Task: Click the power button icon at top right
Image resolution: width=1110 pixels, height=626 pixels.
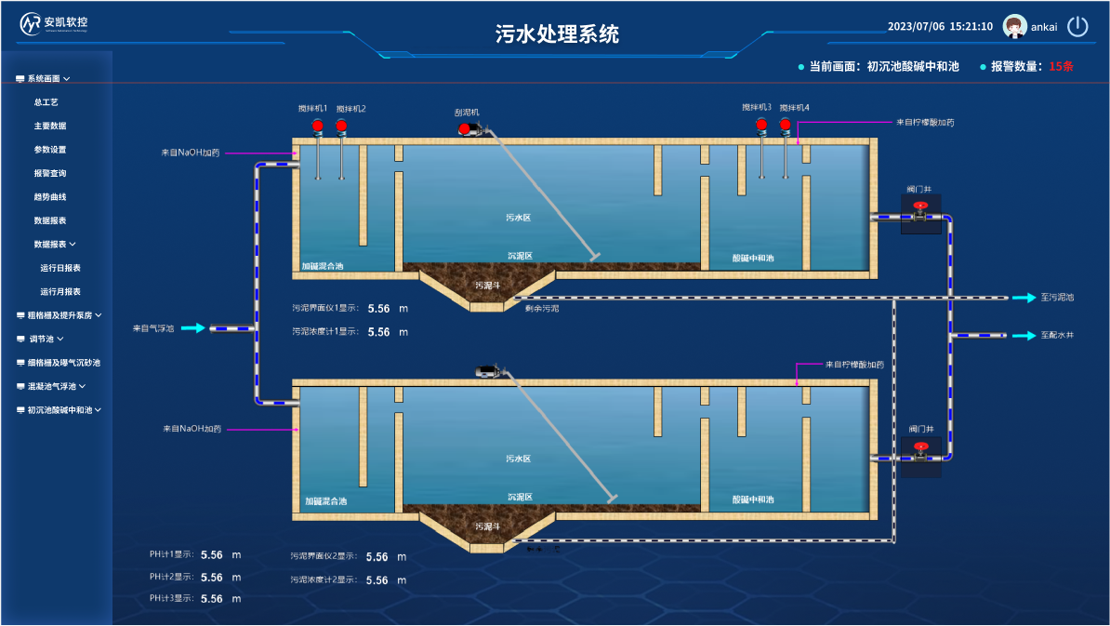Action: (x=1077, y=26)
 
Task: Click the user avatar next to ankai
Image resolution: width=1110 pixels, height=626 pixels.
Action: (x=1014, y=27)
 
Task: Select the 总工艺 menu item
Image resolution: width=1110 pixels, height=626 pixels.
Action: (x=46, y=102)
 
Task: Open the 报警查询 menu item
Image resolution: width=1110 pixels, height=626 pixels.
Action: (x=50, y=173)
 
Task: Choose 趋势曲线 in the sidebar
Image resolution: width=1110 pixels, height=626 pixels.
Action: (x=50, y=197)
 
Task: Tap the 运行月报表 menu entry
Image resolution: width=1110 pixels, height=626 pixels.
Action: (x=60, y=291)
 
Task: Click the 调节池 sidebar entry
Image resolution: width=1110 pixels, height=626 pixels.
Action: (x=42, y=339)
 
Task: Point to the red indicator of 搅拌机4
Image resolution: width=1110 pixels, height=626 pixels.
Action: (x=786, y=125)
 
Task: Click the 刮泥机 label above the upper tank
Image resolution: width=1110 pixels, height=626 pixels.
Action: (x=467, y=112)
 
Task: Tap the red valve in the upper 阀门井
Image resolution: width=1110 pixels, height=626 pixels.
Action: (x=920, y=206)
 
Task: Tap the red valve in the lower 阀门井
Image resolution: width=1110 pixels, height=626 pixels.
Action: (x=920, y=446)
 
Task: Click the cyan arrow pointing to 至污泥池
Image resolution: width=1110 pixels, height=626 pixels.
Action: (x=1024, y=298)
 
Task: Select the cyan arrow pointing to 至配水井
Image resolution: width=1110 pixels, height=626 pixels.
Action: (x=1024, y=335)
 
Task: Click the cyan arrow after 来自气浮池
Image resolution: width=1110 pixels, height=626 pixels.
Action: (x=192, y=328)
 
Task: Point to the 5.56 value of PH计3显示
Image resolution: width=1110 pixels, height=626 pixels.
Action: (x=212, y=599)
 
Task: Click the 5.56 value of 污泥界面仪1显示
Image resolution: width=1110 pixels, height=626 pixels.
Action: (x=378, y=308)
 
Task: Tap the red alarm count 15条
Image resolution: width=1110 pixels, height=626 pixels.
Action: (x=1061, y=67)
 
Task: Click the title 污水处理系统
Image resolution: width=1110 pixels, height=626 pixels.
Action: (x=557, y=34)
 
